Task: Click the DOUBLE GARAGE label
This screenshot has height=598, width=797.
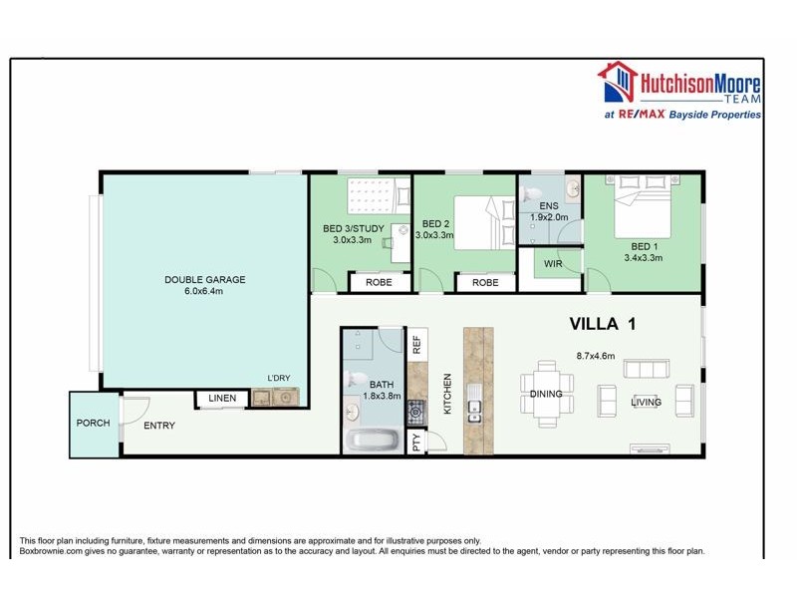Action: tap(204, 279)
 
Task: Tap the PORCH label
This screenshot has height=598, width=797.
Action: tap(94, 423)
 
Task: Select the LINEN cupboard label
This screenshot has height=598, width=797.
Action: tap(223, 399)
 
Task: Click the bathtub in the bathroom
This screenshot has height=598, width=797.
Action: tap(373, 441)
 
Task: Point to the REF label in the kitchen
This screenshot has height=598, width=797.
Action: tap(416, 346)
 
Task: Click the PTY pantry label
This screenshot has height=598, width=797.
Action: tap(416, 440)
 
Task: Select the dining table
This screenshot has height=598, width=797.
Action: tap(546, 393)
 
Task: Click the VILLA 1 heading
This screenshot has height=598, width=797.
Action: tap(602, 324)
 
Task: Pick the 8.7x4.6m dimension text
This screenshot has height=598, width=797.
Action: tap(596, 355)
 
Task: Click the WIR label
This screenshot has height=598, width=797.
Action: tap(554, 264)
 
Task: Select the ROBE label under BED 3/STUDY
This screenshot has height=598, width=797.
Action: tap(378, 282)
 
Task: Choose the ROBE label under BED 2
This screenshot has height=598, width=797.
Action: tap(485, 282)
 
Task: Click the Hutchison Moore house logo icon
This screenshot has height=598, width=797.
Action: tap(616, 84)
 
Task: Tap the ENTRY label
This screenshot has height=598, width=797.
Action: tap(159, 426)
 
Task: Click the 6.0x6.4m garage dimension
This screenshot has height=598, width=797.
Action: tap(204, 292)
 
